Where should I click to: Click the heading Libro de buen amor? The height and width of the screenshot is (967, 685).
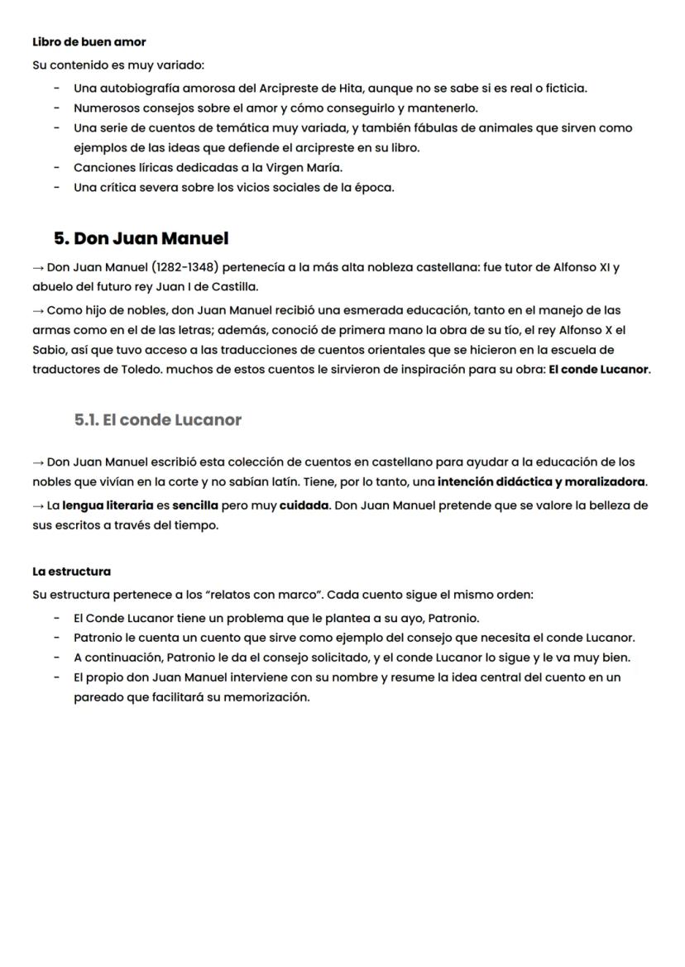(x=89, y=41)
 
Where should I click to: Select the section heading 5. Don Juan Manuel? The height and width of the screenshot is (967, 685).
(x=141, y=238)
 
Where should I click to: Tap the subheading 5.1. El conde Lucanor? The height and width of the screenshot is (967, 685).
(x=158, y=419)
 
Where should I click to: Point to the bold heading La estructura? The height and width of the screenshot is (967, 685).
(x=71, y=572)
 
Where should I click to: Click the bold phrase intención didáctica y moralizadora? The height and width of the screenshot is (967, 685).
(x=542, y=481)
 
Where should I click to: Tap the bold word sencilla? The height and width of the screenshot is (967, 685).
(x=195, y=505)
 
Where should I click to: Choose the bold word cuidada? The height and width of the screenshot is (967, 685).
(x=304, y=505)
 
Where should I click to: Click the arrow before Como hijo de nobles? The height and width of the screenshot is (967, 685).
(x=38, y=311)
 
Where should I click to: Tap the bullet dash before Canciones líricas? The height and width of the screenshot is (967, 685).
(x=55, y=167)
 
